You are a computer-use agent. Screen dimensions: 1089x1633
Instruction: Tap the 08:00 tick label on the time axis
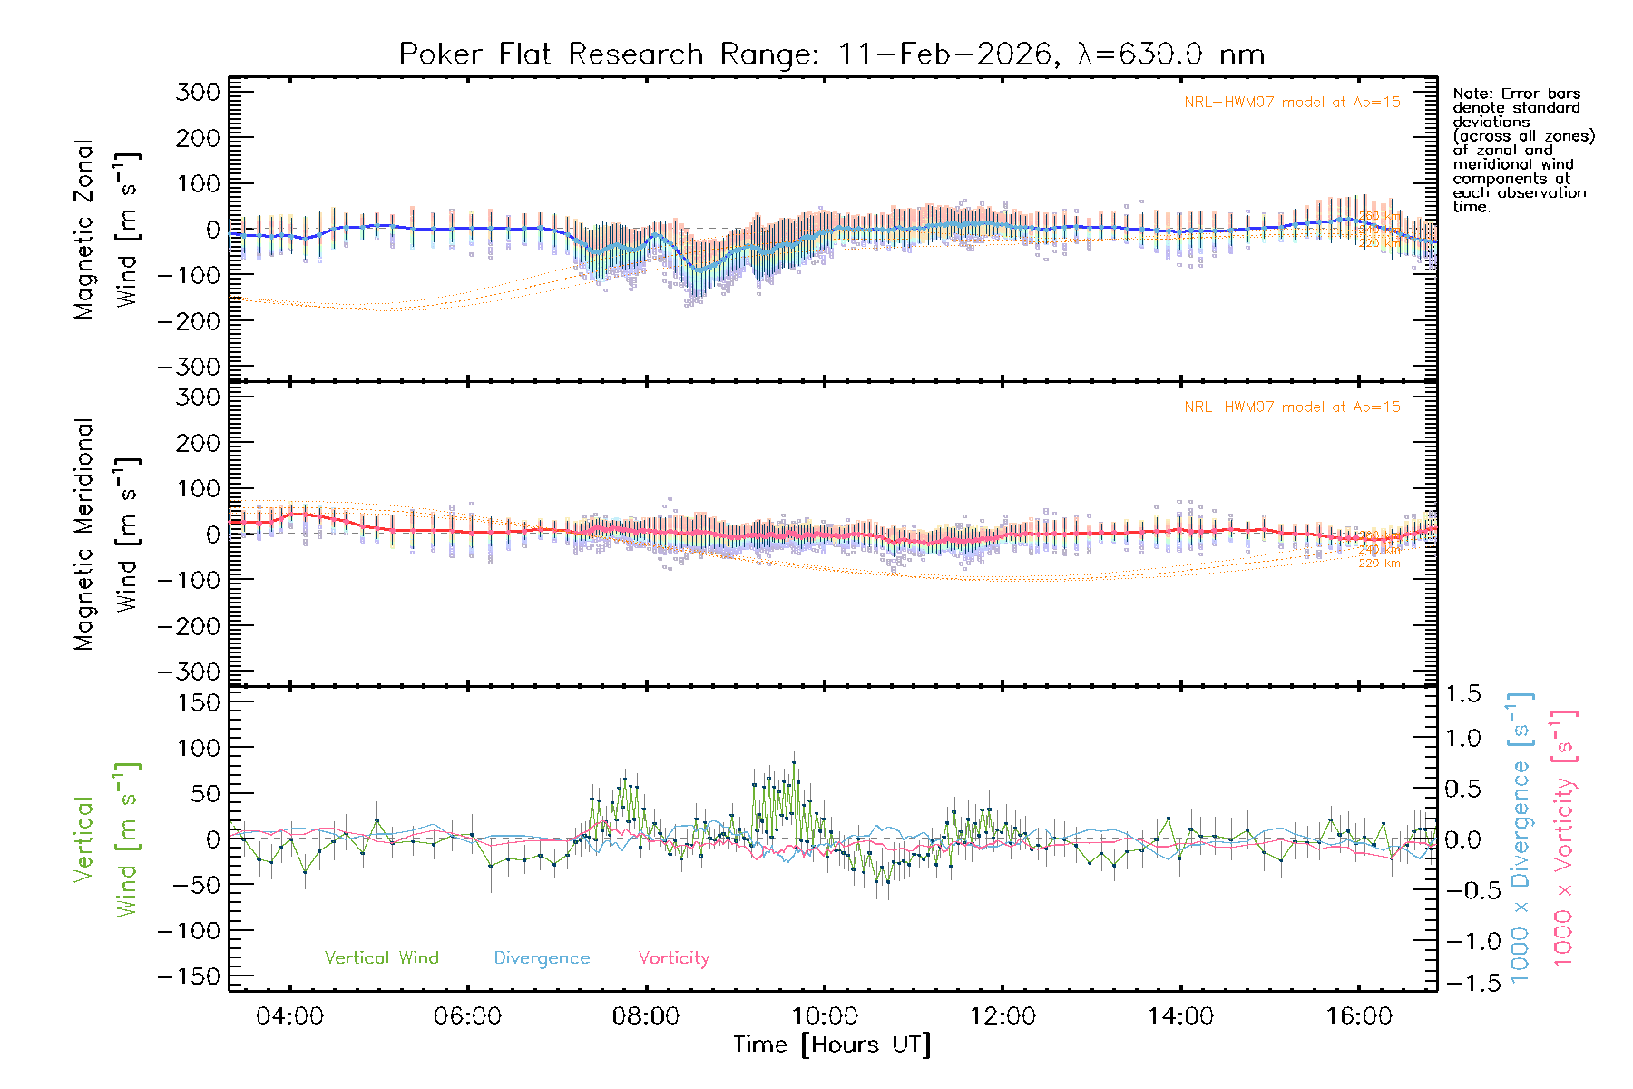click(645, 1016)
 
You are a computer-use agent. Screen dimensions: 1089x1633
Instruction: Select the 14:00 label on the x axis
click(1180, 1016)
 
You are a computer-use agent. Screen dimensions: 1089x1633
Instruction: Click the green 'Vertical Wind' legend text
click(381, 958)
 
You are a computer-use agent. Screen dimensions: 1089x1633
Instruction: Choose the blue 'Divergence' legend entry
click(542, 958)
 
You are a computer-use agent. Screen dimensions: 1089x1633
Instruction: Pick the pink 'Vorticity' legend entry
click(673, 958)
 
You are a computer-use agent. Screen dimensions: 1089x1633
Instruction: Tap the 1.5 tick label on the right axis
click(1462, 694)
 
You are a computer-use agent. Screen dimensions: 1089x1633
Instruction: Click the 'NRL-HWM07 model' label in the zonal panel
click(1292, 103)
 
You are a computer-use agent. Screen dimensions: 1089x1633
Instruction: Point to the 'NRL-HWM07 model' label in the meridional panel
click(1292, 407)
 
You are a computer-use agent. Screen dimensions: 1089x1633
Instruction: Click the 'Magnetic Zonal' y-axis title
click(83, 230)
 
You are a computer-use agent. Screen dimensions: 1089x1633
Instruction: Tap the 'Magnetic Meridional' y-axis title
click(83, 535)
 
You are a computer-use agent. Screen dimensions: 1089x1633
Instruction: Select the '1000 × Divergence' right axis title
click(1521, 838)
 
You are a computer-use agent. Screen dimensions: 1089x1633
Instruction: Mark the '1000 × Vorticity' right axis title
click(1563, 838)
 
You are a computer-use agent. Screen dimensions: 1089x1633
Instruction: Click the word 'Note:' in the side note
click(1472, 93)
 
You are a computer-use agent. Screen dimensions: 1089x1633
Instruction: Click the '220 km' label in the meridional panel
click(1379, 564)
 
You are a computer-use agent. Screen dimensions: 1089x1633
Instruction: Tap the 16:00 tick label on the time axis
click(1358, 1016)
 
